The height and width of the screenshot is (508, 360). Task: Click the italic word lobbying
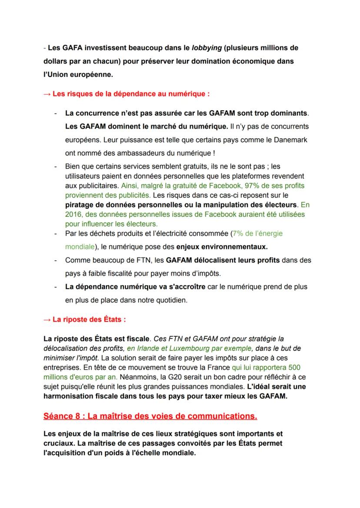point(207,46)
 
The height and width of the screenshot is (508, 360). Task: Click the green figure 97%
point(250,186)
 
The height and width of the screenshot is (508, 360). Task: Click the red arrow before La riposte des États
point(47,319)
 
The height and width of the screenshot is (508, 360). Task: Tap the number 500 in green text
point(294,368)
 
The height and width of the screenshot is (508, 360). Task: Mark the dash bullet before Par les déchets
point(56,234)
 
